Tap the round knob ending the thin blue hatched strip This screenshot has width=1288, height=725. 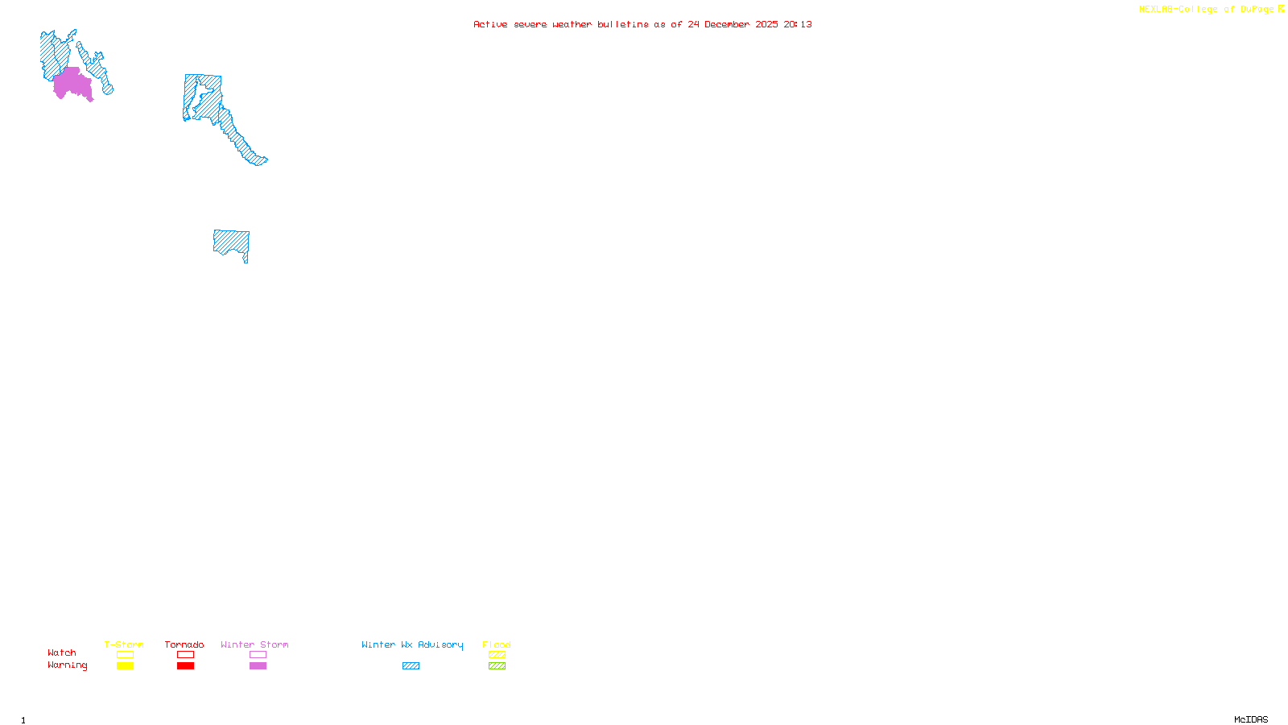click(108, 89)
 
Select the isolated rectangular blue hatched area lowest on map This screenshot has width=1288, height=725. click(230, 242)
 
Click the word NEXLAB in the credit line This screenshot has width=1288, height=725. click(1155, 10)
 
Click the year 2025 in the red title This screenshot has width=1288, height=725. click(766, 24)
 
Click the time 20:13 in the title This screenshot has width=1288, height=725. click(798, 24)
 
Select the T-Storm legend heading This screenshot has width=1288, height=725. click(124, 644)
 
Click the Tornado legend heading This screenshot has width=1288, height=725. click(184, 644)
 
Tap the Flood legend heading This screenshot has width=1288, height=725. click(497, 644)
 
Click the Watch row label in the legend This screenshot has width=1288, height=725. click(62, 652)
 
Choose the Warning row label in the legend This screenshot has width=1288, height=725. click(68, 665)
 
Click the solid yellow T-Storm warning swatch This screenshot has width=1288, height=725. click(125, 666)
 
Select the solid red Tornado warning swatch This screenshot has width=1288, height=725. click(185, 666)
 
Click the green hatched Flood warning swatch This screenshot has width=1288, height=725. click(497, 666)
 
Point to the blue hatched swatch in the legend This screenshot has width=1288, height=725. click(411, 666)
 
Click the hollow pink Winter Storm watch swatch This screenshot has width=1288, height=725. click(258, 655)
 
